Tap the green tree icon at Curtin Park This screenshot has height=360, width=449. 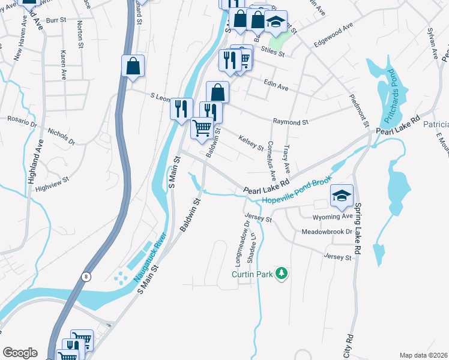[x=282, y=274]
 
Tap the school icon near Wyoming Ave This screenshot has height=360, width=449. [x=342, y=196]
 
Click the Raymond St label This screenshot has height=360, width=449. [x=291, y=121]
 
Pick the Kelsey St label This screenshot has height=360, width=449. [x=252, y=143]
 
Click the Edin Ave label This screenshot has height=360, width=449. [x=276, y=88]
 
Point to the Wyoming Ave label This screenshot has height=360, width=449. [x=333, y=216]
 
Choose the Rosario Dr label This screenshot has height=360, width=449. [x=22, y=121]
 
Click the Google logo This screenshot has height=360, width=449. [x=20, y=353]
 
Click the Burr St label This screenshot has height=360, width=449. [x=55, y=20]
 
